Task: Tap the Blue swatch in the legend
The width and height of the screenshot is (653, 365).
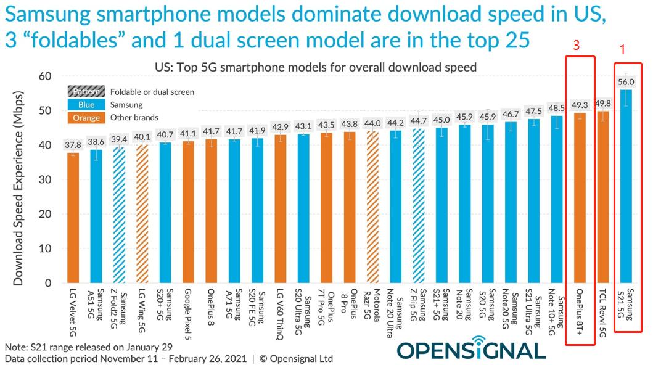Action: (x=86, y=105)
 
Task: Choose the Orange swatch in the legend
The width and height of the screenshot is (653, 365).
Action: (x=86, y=118)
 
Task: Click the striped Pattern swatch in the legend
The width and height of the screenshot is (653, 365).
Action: (x=86, y=92)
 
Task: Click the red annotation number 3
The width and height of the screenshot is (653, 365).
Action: (x=576, y=46)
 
